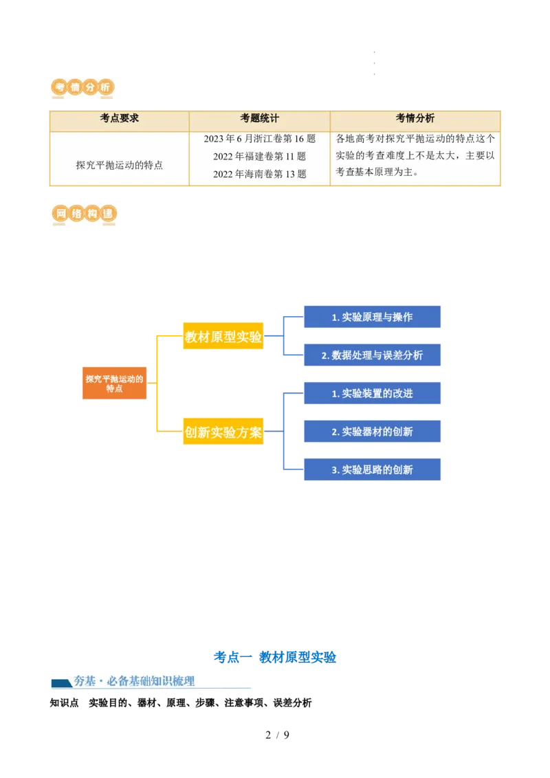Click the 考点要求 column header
119,118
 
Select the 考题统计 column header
259,118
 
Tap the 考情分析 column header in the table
415,118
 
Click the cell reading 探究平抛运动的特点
119,165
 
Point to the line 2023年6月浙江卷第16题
259,139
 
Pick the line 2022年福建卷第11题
259,157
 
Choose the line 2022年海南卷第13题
259,175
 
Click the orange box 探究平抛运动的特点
114,384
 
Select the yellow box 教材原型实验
223,337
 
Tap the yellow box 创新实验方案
223,433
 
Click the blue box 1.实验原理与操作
373,317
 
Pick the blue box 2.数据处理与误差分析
373,355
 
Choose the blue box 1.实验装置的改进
373,394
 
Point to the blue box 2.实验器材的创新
373,432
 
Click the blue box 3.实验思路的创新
373,470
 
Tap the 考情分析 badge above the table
82,88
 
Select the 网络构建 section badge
82,214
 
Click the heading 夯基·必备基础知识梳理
134,681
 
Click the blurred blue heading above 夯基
275,657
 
